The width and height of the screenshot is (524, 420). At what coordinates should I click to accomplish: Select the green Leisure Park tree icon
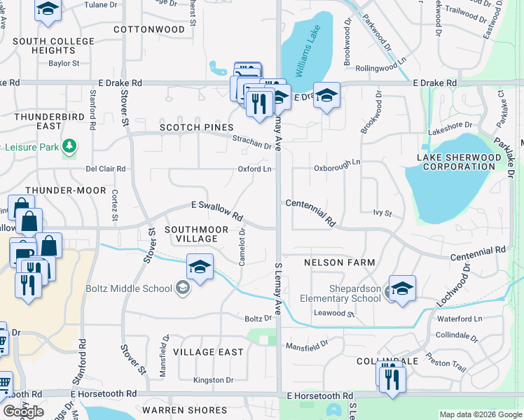click(69, 146)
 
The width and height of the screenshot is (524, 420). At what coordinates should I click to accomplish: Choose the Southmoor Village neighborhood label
click(191, 234)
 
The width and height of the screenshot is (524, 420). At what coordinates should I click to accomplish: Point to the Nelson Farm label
click(340, 262)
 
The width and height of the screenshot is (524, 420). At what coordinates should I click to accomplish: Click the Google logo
click(23, 412)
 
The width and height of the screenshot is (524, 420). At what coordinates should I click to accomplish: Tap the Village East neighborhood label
click(208, 352)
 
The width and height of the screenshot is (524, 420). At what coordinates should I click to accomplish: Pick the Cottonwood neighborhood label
click(149, 29)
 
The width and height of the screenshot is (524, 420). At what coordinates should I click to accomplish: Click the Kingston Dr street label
click(214, 380)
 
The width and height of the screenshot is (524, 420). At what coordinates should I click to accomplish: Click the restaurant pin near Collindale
click(392, 379)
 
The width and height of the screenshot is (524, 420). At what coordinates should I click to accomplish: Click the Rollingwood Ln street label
click(382, 68)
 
